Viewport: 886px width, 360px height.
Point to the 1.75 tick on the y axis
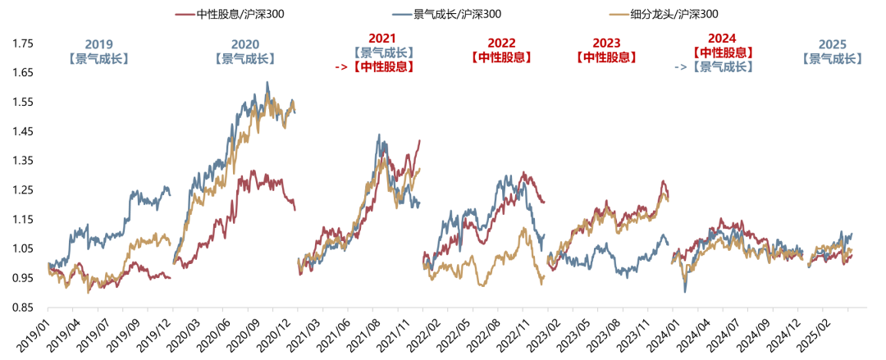tap(24, 43)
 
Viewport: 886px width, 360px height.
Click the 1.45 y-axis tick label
tap(24, 131)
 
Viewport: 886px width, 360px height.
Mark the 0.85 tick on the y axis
tap(24, 308)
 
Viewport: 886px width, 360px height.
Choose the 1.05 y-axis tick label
tap(24, 248)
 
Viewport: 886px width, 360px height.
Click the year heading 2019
tap(99, 44)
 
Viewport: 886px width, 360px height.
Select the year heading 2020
tap(244, 44)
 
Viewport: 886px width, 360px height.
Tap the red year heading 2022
tap(501, 43)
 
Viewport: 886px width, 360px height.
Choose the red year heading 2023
tap(606, 43)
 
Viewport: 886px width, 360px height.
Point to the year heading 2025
tap(833, 44)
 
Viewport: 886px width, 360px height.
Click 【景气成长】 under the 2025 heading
tap(833, 59)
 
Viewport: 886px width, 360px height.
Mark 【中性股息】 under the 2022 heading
tap(501, 57)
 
